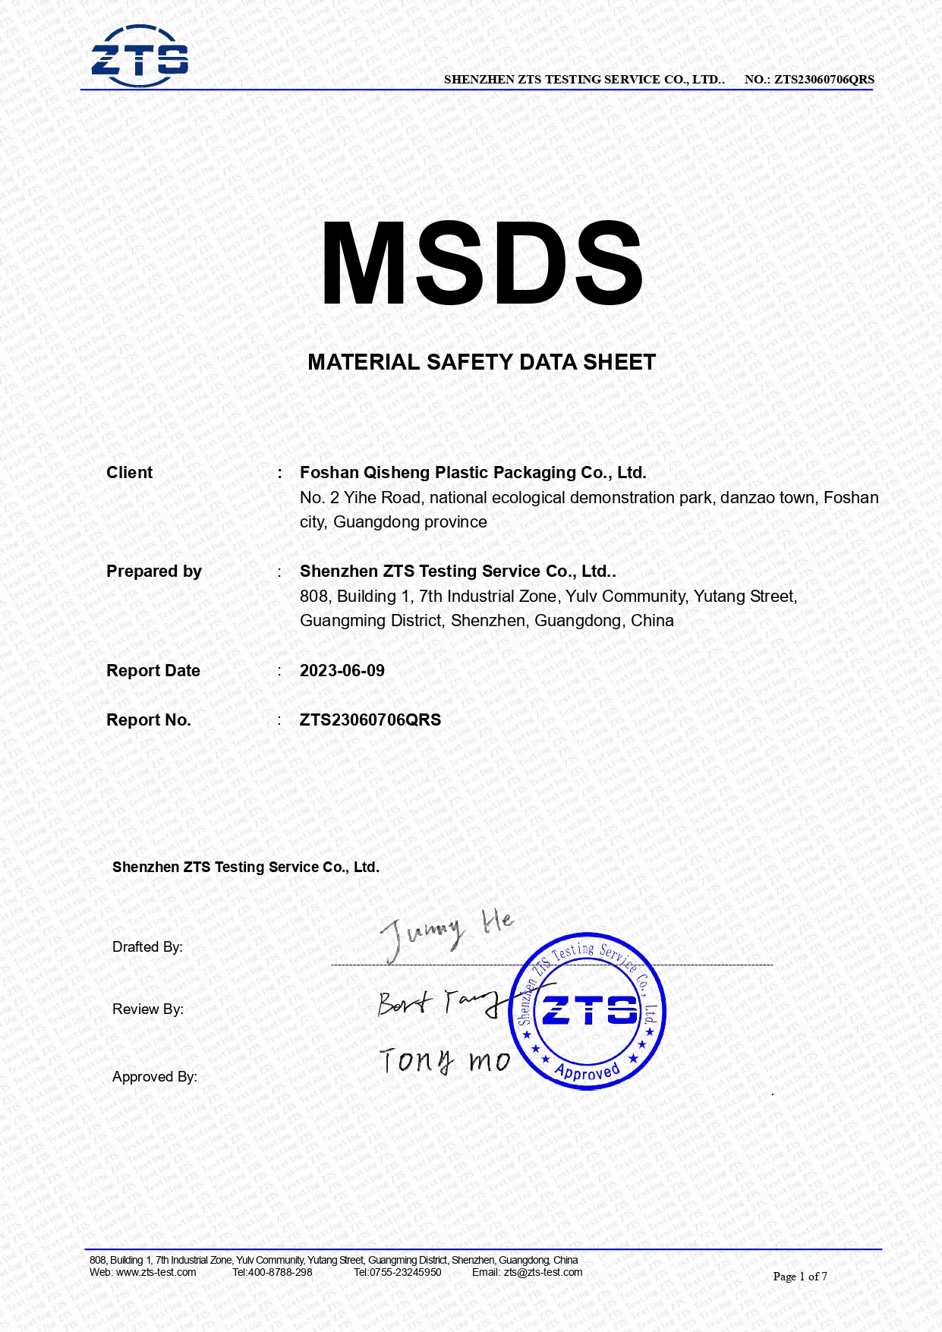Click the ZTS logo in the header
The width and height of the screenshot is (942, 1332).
pyautogui.click(x=140, y=56)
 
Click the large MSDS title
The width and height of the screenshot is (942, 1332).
pyautogui.click(x=482, y=264)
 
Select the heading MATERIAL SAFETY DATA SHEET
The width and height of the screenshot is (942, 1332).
pyautogui.click(x=481, y=363)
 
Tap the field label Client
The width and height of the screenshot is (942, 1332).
pyautogui.click(x=129, y=473)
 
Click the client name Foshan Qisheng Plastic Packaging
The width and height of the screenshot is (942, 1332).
pyautogui.click(x=472, y=473)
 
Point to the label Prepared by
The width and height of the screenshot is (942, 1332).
pyautogui.click(x=153, y=572)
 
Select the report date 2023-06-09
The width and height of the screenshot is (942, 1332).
pyautogui.click(x=342, y=671)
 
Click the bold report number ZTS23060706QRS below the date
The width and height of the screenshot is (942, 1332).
pyautogui.click(x=370, y=720)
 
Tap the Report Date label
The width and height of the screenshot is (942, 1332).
pyautogui.click(x=153, y=671)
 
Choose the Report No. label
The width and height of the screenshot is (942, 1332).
pyautogui.click(x=148, y=720)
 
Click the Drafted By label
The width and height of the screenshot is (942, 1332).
pyautogui.click(x=147, y=947)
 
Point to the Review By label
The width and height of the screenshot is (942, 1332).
pyautogui.click(x=147, y=1009)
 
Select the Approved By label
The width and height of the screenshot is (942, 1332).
pyautogui.click(x=154, y=1077)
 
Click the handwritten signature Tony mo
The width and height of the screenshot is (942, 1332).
pyautogui.click(x=444, y=1060)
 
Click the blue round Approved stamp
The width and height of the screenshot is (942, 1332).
pyautogui.click(x=588, y=1011)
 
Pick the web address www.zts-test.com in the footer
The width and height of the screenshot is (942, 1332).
pyautogui.click(x=156, y=1273)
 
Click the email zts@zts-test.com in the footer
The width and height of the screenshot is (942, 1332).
pyautogui.click(x=543, y=1273)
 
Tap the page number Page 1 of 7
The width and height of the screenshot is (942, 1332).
pyautogui.click(x=799, y=1277)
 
